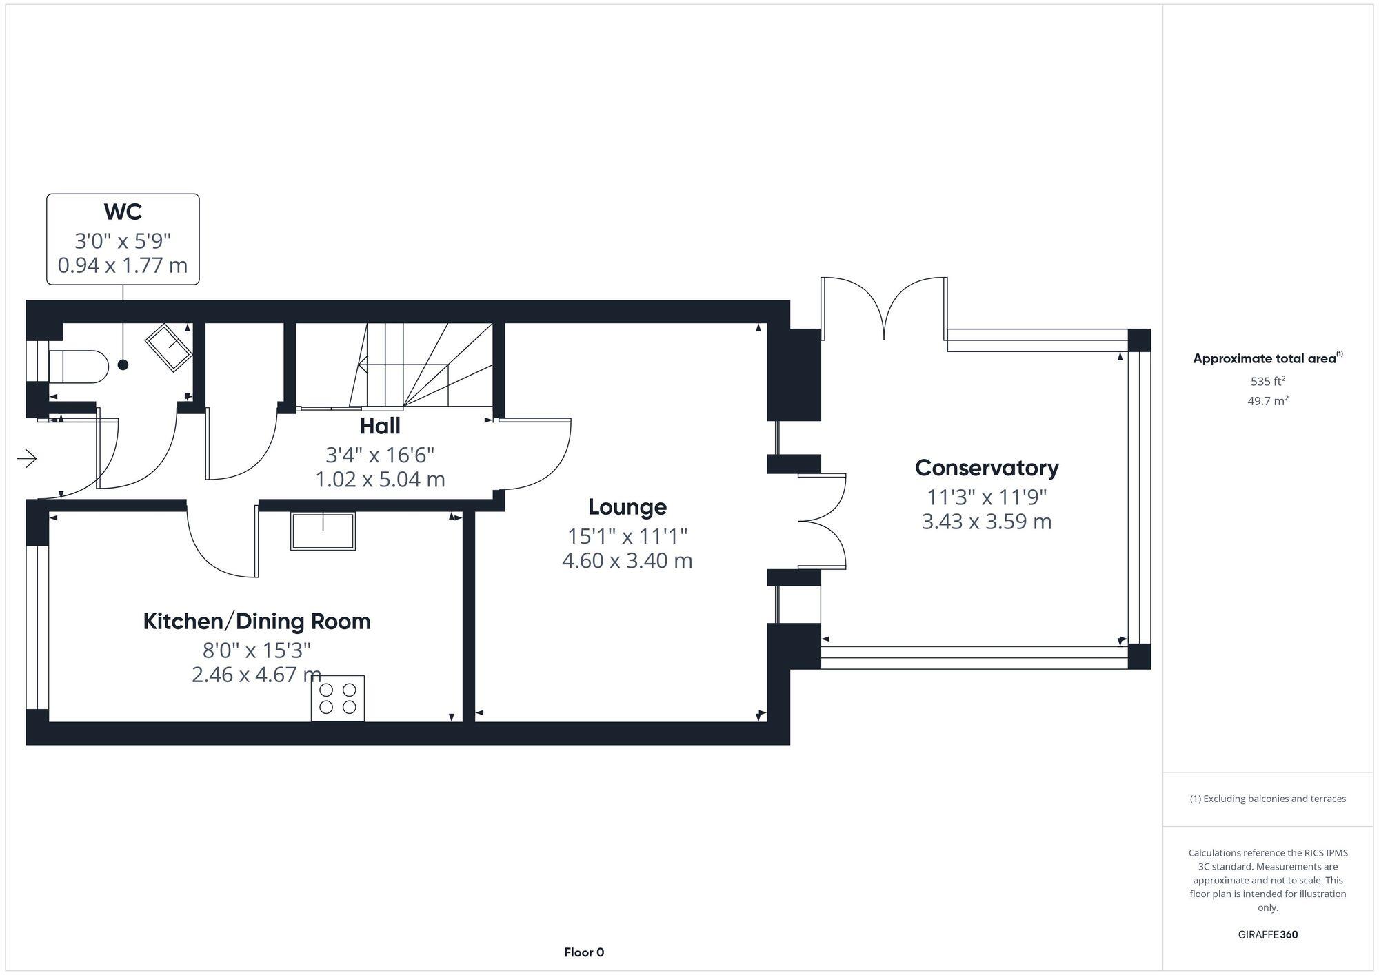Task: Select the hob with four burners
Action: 338,698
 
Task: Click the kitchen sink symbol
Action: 323,531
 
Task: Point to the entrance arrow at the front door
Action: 27,458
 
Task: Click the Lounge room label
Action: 627,507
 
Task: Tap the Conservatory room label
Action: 986,468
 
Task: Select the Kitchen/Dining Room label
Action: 256,622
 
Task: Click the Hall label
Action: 380,427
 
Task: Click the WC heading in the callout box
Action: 123,212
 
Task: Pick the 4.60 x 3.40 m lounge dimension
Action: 627,561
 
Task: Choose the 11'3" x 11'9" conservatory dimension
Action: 986,497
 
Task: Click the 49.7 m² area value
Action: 1267,401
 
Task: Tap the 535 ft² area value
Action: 1267,381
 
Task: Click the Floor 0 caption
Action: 583,952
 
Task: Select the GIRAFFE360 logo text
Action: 1267,935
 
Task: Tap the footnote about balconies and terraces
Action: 1267,799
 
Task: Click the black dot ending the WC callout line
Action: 123,365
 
